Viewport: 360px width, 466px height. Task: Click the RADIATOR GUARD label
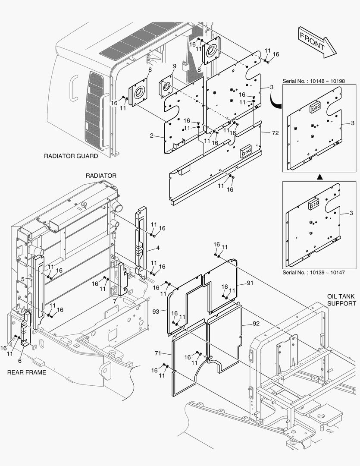click(x=71, y=156)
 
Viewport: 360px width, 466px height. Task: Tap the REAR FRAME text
click(x=27, y=372)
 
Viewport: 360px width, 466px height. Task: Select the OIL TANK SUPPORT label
click(x=341, y=300)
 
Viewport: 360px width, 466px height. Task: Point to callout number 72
click(x=275, y=133)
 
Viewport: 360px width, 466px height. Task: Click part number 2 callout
click(x=152, y=135)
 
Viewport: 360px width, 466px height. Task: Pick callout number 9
click(x=174, y=66)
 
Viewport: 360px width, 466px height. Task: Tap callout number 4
click(x=158, y=248)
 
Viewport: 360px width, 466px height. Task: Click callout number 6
click(x=20, y=361)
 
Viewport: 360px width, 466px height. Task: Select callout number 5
click(x=22, y=279)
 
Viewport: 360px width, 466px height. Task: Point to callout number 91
click(x=250, y=283)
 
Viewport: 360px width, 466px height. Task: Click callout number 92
click(x=256, y=324)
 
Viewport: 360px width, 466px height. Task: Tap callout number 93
click(x=156, y=312)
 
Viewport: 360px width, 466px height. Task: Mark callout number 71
click(x=158, y=353)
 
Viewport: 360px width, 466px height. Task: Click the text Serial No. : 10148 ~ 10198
click(x=314, y=81)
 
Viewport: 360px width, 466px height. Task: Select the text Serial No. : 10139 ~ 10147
click(x=314, y=273)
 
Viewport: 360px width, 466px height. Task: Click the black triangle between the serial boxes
click(x=319, y=177)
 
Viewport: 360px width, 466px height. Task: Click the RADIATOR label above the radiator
click(x=101, y=176)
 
